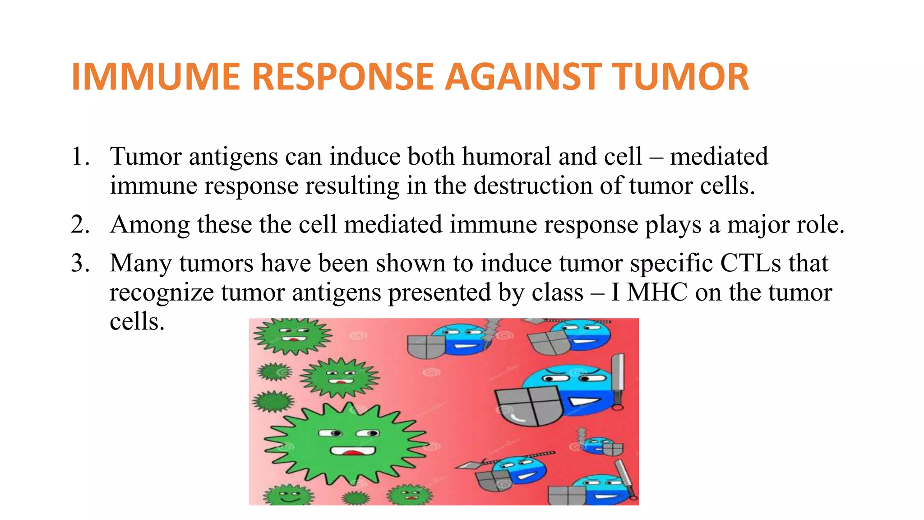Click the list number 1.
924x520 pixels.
point(79,157)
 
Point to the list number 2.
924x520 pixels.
point(79,225)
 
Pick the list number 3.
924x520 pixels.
point(79,263)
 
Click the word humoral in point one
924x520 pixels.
point(507,157)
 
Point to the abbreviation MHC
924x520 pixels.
point(657,292)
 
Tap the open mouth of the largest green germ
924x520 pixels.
point(353,451)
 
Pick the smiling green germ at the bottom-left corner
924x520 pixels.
point(288,495)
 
